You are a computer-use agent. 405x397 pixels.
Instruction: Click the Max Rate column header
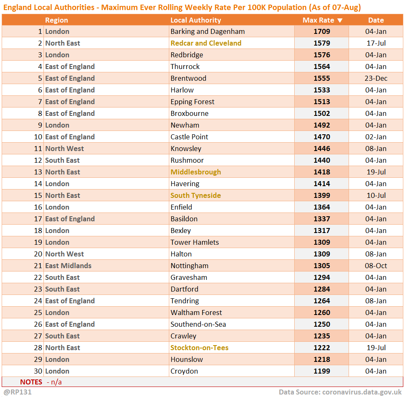318,20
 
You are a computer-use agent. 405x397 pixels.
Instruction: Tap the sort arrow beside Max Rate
340,20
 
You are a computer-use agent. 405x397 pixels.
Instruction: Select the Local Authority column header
196,20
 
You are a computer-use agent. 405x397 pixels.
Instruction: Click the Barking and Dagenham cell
207,31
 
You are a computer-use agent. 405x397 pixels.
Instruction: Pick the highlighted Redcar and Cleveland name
206,43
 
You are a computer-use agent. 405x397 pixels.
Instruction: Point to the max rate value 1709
322,31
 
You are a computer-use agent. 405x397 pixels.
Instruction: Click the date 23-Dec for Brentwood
376,78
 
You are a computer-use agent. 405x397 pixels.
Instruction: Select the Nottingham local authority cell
189,266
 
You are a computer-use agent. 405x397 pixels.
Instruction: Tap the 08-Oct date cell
376,266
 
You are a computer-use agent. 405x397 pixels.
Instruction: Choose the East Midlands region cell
68,266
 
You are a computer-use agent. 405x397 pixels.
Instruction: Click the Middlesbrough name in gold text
196,172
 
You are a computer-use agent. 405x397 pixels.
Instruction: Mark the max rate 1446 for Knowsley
322,149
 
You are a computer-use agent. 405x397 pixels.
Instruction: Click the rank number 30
38,371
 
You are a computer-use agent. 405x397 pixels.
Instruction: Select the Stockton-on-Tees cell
199,348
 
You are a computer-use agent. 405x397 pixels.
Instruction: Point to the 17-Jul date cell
376,43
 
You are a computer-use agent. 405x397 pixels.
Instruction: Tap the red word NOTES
31,382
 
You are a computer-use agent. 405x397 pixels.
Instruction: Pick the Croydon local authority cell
184,371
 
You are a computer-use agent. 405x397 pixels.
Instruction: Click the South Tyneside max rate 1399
322,195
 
